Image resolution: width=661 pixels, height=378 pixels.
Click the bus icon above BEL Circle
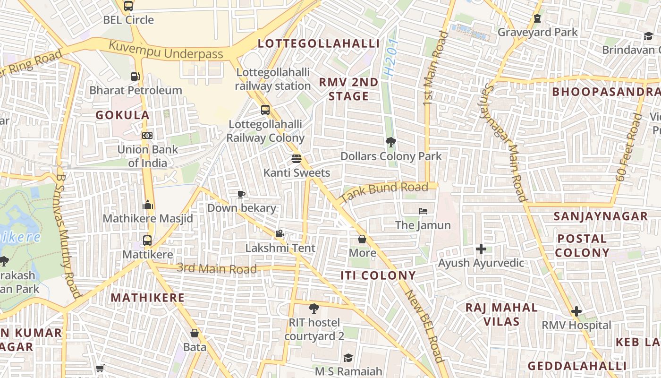[x=128, y=6]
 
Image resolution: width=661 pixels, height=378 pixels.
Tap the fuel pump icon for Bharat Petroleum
[x=135, y=76]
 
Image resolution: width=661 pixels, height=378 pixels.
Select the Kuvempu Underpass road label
[x=166, y=51]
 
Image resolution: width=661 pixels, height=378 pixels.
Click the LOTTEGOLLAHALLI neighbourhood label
[x=319, y=44]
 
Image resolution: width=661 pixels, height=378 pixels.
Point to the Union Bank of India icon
[x=147, y=136]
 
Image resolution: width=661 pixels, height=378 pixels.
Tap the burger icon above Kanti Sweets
[x=297, y=159]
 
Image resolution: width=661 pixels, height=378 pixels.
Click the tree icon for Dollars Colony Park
[x=390, y=142]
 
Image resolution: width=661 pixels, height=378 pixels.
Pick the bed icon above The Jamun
[x=423, y=211]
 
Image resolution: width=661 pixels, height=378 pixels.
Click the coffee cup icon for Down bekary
[x=241, y=194]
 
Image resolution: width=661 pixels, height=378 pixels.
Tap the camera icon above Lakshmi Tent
[x=280, y=233]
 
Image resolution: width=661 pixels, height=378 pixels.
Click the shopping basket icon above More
[x=362, y=239]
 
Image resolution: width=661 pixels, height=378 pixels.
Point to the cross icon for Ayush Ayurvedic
[x=481, y=249]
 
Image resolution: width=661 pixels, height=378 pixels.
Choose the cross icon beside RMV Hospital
[x=576, y=311]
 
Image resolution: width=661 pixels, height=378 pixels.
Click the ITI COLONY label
[x=378, y=275]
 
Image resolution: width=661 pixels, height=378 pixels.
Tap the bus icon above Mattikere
[x=147, y=240]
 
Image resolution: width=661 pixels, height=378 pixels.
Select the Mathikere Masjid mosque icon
[x=148, y=205]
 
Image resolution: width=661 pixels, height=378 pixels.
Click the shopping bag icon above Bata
[x=194, y=333]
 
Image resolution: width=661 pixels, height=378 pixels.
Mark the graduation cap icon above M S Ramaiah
[x=348, y=358]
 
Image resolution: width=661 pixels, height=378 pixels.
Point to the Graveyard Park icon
[x=537, y=18]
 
